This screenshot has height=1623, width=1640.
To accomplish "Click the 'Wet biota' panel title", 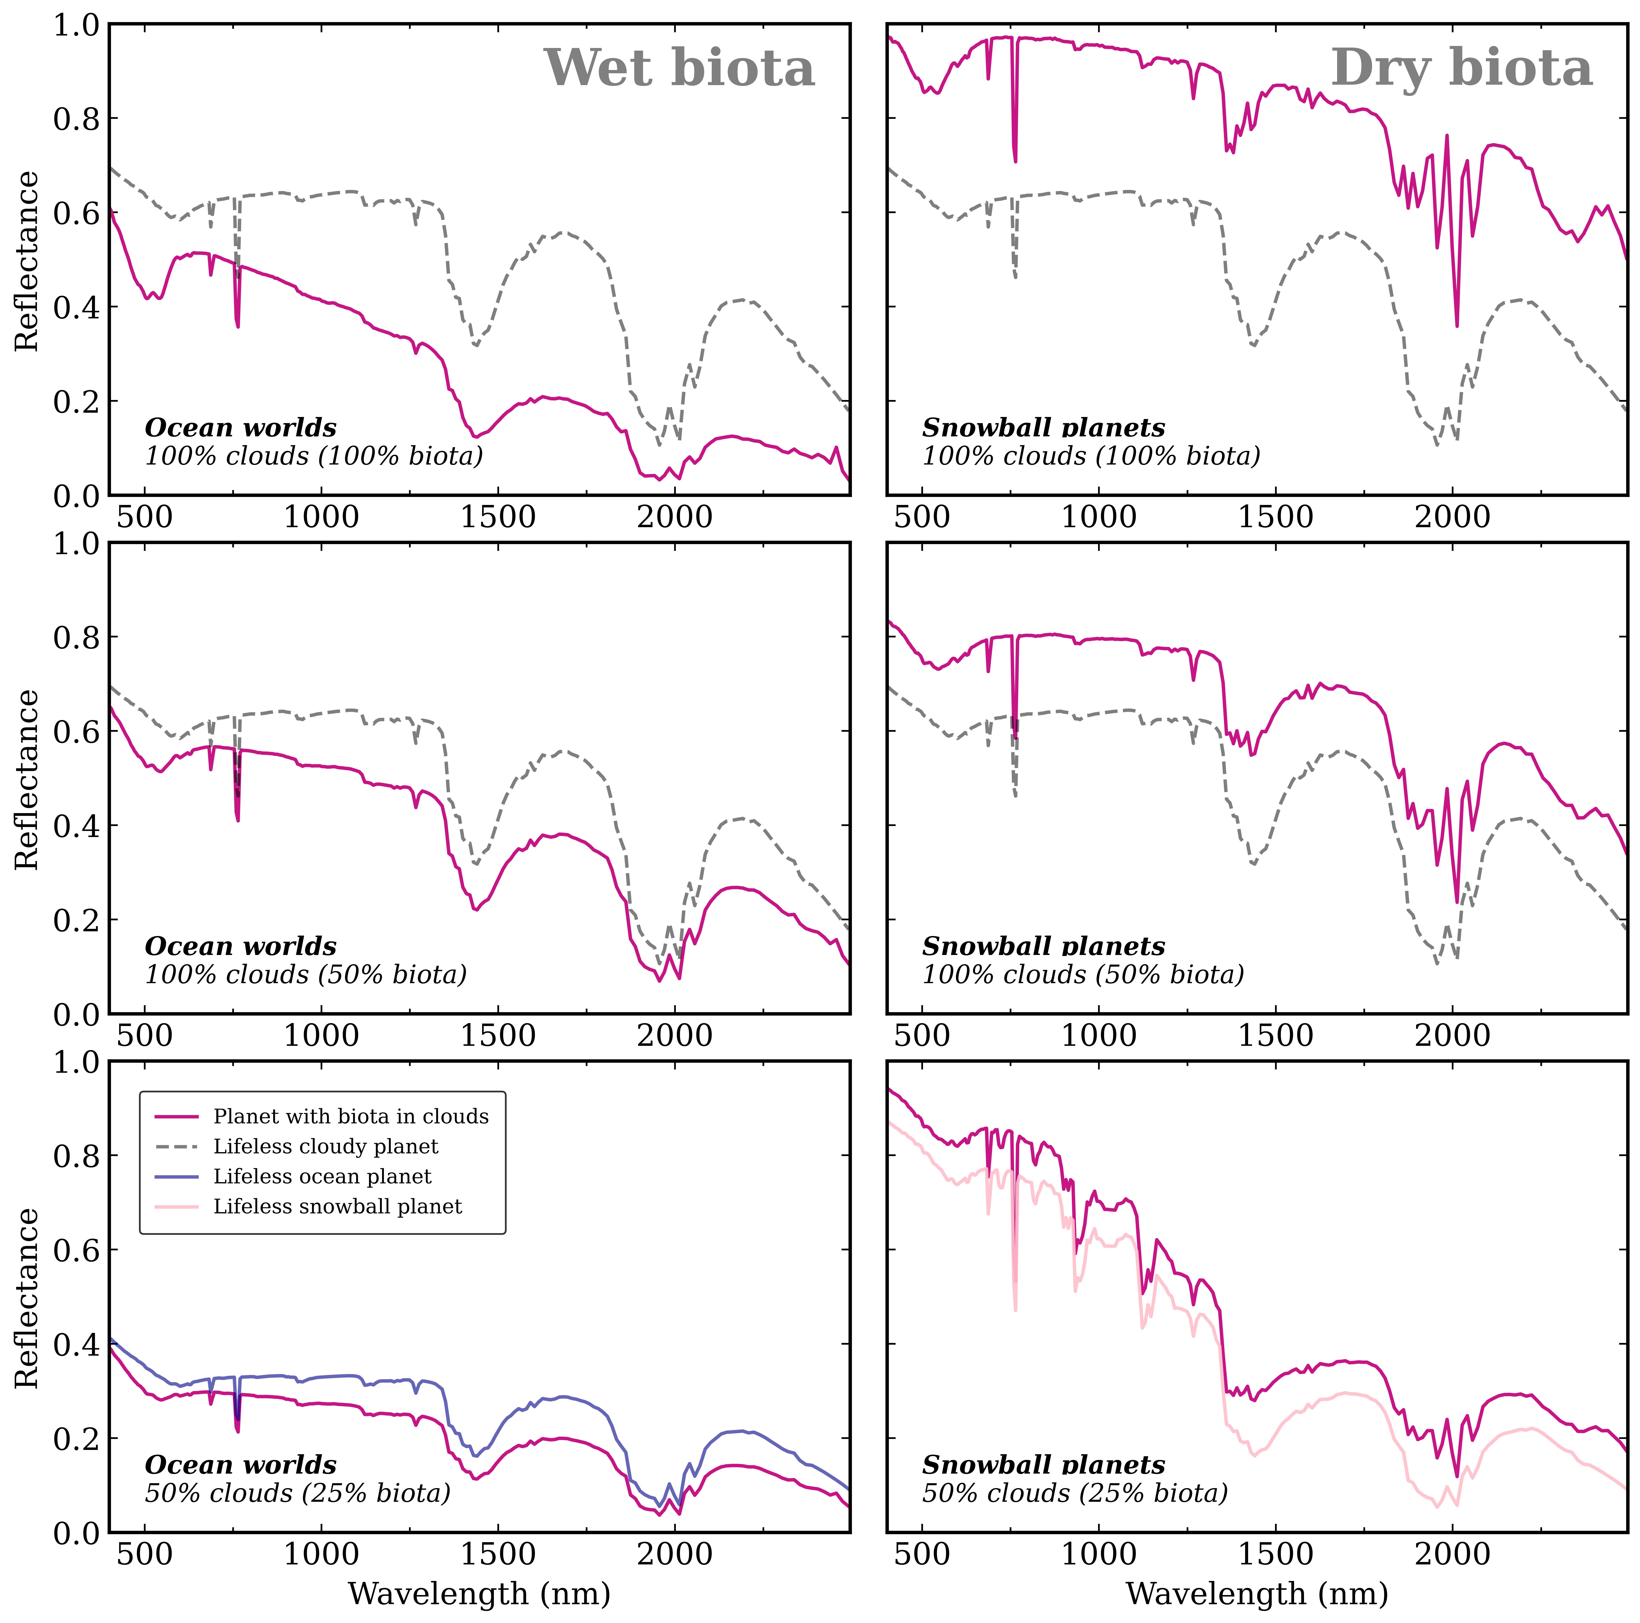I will click(x=679, y=69).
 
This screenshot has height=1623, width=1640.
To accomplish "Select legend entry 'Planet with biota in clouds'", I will click(x=351, y=1116).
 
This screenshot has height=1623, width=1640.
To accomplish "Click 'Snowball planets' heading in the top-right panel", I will click(x=1043, y=428).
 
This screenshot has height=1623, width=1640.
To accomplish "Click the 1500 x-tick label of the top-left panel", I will click(x=498, y=517).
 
